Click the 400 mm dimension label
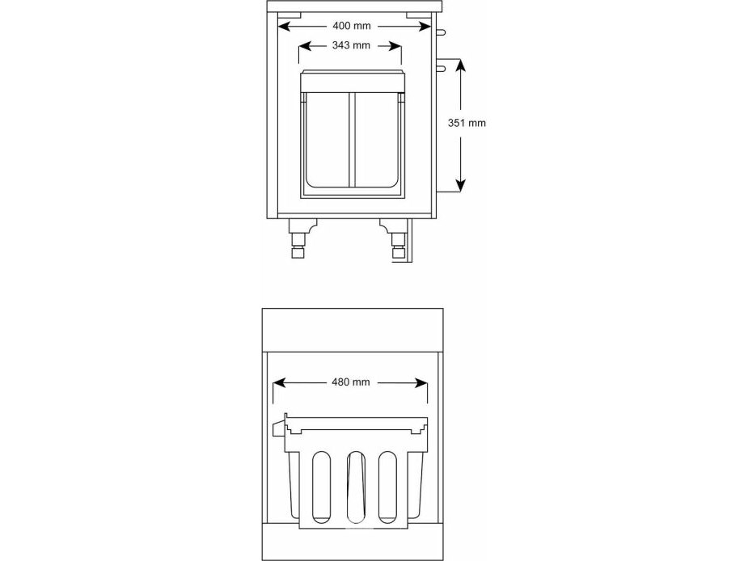pos(352,26)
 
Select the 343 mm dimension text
pos(351,45)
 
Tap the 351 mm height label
pos(467,123)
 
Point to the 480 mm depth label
pos(351,382)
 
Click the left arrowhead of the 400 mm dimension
pos(284,26)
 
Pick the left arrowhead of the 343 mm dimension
pos(305,46)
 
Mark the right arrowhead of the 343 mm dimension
pos(395,46)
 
